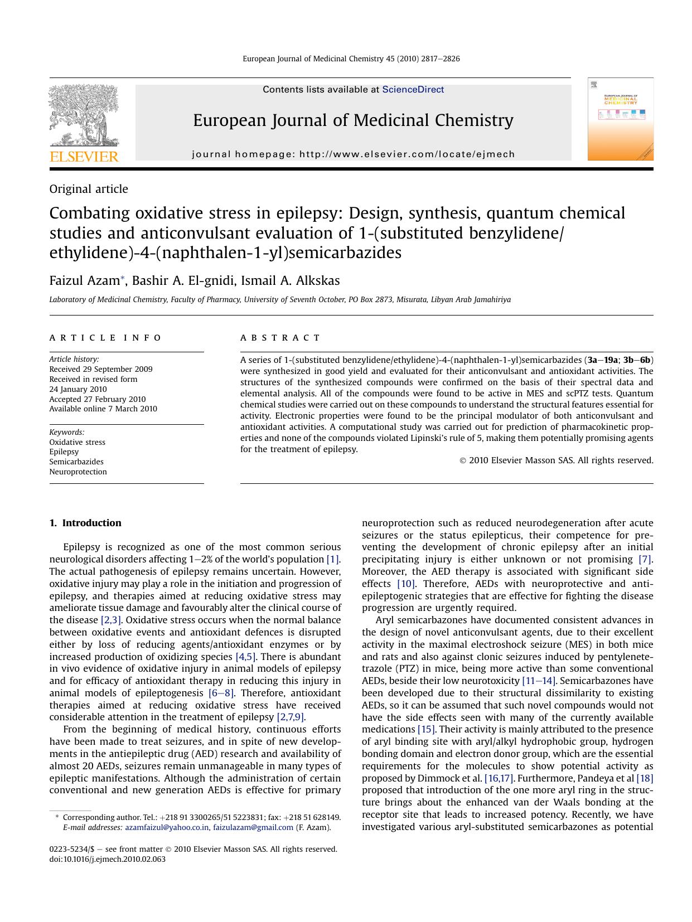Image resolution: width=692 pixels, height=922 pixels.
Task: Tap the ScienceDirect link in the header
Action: tap(413, 90)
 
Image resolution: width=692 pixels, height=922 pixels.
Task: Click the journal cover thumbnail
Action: tap(620, 119)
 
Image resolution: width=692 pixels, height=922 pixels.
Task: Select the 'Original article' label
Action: tap(89, 189)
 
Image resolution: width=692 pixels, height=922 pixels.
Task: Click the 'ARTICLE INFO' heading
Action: tap(105, 338)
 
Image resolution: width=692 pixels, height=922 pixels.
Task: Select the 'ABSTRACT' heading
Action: tap(280, 338)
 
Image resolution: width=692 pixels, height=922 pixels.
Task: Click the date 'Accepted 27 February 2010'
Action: tap(97, 399)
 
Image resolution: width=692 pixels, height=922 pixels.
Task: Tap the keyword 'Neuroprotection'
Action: tap(78, 472)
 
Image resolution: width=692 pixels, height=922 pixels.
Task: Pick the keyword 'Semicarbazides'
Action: tap(76, 462)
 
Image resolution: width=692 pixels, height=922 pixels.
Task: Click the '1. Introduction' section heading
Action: tap(85, 523)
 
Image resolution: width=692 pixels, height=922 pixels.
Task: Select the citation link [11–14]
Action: tap(538, 681)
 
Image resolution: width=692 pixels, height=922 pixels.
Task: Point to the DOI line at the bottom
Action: tap(108, 859)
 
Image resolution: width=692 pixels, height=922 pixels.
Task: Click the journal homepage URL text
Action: tap(407, 154)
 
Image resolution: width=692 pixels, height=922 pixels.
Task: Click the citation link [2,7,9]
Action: tap(291, 717)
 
